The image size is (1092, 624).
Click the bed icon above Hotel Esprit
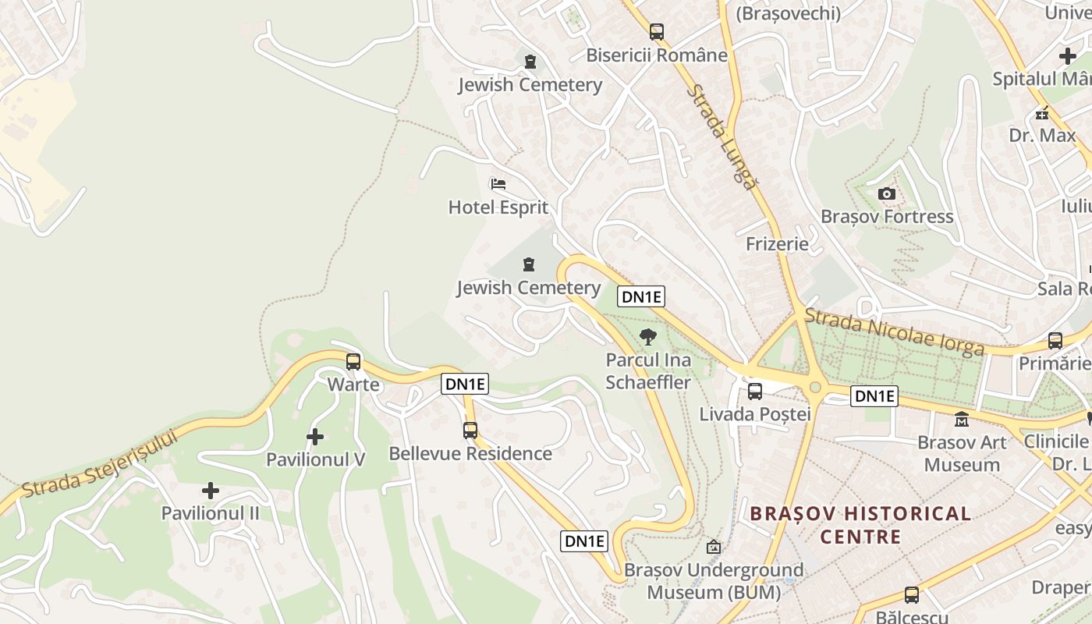coord(498,184)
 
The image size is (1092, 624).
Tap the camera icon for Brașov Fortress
coord(887,193)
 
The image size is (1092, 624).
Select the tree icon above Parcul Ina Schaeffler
coord(647,337)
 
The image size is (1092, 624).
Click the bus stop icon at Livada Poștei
coord(754,391)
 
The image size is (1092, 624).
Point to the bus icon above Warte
coord(353,361)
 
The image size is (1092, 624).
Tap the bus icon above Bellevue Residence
coord(470,430)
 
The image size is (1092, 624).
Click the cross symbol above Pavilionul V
coord(315,437)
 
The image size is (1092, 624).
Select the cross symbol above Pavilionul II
coord(210,491)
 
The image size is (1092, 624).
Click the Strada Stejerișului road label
coord(99,464)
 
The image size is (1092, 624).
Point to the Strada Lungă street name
coord(722,137)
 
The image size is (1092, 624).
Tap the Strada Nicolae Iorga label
coord(894,332)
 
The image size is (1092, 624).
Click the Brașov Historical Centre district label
coord(860,525)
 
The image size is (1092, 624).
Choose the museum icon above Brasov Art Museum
coord(962,420)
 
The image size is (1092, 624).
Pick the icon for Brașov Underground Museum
coord(713,547)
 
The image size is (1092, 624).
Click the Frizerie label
coord(777,244)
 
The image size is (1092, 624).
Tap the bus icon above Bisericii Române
coord(657,32)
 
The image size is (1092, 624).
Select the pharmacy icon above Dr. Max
coord(1042,113)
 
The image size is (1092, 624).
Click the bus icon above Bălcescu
coord(911,595)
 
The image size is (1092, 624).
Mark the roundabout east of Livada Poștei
coord(816,386)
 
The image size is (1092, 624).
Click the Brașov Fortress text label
coord(887,217)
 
